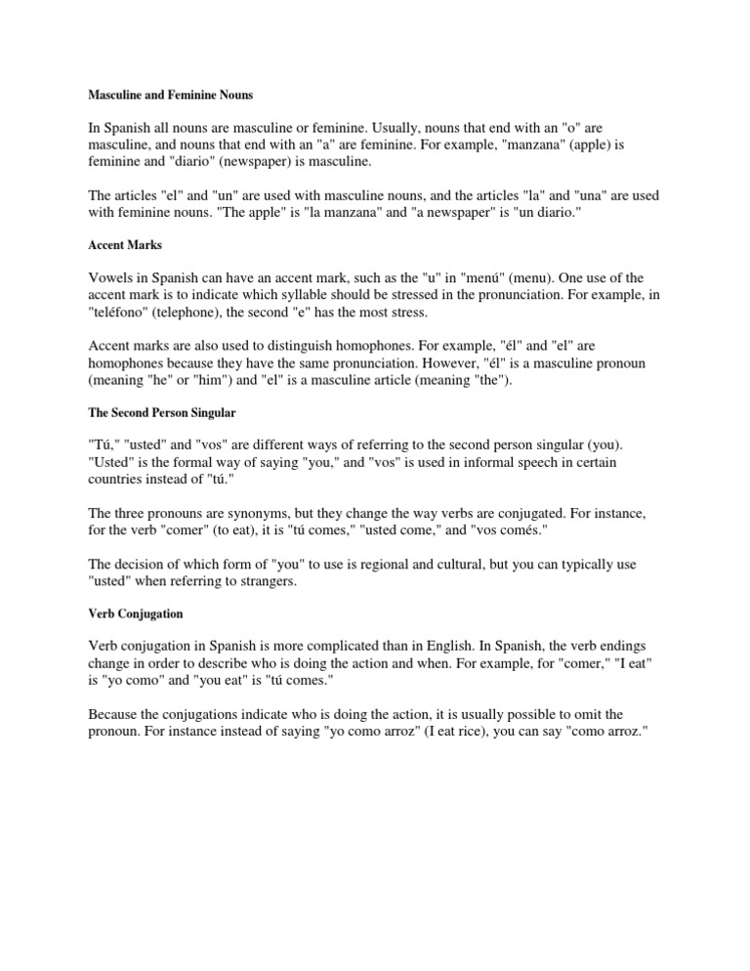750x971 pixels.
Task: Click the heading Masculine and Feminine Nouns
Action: (x=171, y=95)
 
